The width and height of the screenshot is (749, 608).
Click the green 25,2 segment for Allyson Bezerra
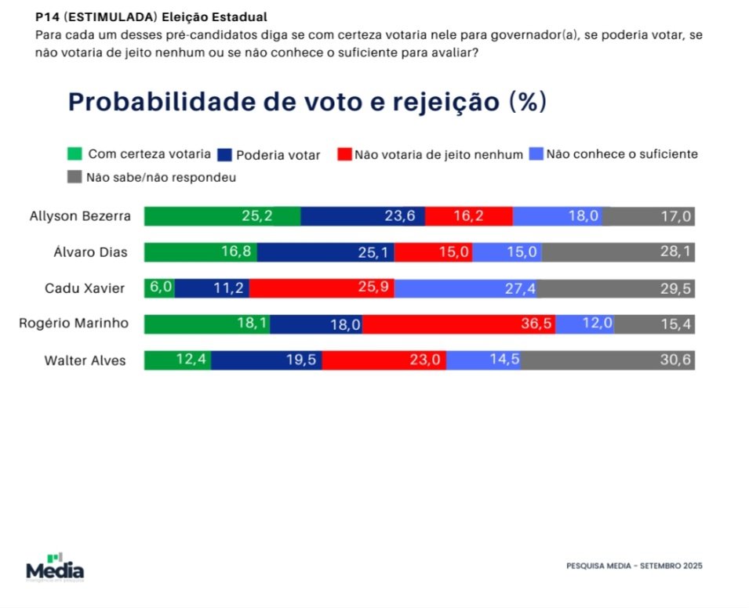[222, 216]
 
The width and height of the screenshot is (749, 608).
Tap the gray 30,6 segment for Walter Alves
[608, 360]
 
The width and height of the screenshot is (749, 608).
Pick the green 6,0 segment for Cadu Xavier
[159, 288]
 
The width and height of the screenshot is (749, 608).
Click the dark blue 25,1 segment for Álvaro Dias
[325, 252]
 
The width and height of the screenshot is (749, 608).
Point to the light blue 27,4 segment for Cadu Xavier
[466, 288]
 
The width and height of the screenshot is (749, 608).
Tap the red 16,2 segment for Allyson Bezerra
[468, 216]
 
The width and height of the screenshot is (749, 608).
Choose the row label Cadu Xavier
[85, 288]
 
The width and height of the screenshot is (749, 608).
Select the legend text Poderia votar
[278, 155]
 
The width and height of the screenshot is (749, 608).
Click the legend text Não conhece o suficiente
[621, 154]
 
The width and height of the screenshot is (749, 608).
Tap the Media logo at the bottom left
[55, 567]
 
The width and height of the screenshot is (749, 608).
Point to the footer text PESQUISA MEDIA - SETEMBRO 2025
[634, 566]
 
